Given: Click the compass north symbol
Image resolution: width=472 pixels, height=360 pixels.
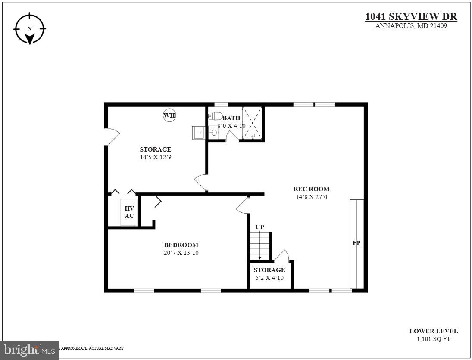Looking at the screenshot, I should (x=29, y=29).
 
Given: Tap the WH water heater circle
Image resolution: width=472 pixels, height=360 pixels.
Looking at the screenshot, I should (x=169, y=115).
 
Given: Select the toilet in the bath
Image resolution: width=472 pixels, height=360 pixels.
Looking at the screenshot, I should (x=216, y=116).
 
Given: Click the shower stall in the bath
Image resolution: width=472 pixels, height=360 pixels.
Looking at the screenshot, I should (x=252, y=123).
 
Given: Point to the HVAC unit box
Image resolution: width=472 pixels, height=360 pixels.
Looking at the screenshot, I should (x=129, y=212).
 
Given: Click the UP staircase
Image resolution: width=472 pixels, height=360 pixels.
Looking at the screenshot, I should (x=259, y=246).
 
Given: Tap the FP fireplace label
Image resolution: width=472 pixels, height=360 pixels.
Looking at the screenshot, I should (x=356, y=243).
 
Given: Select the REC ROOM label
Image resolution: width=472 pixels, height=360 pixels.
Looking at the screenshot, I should (x=311, y=189).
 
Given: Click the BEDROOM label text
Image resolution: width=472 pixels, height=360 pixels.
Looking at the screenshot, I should (x=181, y=245).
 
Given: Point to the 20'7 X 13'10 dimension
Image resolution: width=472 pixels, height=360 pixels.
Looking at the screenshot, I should (x=181, y=253).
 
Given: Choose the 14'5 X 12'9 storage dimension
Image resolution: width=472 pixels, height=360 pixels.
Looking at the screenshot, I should (x=155, y=157).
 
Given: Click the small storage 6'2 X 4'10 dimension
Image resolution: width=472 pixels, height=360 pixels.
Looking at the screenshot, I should (x=269, y=278).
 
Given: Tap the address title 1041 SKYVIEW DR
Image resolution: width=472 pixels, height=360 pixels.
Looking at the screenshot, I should (x=411, y=17).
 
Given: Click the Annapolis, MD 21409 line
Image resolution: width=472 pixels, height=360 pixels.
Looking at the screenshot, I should (x=411, y=26).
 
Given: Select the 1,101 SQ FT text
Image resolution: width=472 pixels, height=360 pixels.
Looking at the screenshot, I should (x=433, y=339).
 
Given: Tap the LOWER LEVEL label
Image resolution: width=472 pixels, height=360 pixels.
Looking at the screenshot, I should (x=433, y=331).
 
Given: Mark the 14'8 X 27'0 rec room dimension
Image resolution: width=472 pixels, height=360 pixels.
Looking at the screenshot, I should (x=311, y=197).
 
